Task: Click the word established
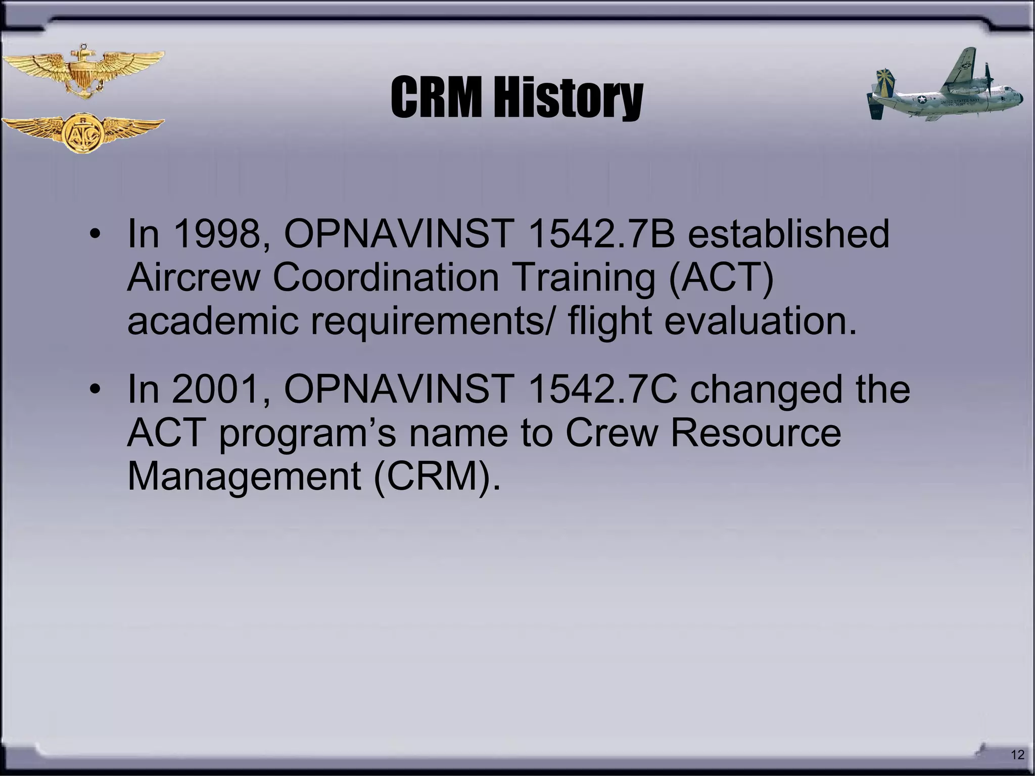(x=788, y=234)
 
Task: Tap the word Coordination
(x=386, y=277)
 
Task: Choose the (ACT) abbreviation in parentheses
(x=721, y=277)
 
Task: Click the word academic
(x=213, y=321)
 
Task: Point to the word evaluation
(x=760, y=321)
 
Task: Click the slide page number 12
(x=1017, y=755)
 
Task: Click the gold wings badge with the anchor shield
(x=83, y=71)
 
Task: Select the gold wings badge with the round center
(x=83, y=132)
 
